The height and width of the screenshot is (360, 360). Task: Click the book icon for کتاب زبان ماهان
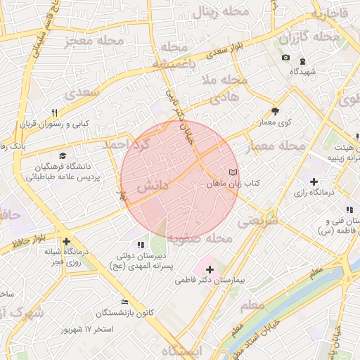pos(233,172)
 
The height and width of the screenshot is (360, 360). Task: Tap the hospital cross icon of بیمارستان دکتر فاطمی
pos(210,269)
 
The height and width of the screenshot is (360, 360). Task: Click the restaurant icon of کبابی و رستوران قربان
pos(54,112)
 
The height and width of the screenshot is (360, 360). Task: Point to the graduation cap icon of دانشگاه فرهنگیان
pos(63,156)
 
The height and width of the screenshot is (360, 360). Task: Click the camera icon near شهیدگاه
pos(285,58)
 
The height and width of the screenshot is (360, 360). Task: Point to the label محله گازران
pos(314,37)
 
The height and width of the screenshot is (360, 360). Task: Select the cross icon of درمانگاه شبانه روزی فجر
pos(66,241)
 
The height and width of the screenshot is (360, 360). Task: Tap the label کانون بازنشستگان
pos(125,312)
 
